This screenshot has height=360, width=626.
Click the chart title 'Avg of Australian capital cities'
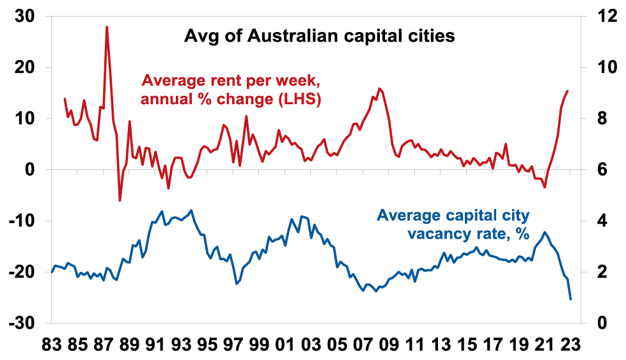319,36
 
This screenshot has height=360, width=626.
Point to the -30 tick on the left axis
22,323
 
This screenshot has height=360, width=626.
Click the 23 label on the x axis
570,345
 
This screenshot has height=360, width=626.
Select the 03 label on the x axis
310,345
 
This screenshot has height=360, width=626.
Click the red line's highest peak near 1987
107,27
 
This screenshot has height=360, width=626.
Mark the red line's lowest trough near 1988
120,200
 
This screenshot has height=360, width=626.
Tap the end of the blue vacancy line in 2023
570,299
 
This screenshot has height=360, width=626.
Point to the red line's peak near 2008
380,89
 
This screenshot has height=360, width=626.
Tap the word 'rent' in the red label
214,82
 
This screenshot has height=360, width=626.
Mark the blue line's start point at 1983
52,272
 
